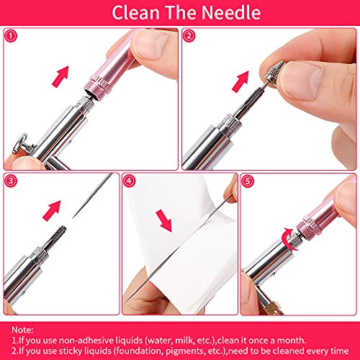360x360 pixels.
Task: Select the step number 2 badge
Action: [189, 35]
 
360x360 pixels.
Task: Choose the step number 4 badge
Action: [129, 181]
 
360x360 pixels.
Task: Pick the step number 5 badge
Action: [248, 181]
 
